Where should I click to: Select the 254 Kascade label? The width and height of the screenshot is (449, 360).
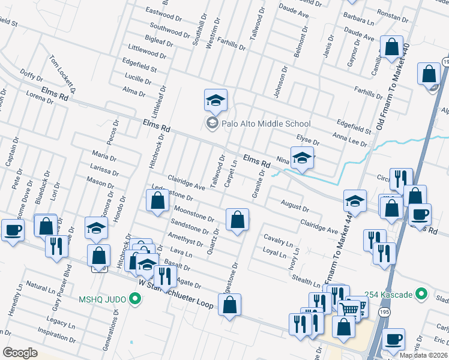[x=391, y=294]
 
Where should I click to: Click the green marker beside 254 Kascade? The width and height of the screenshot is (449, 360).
[x=421, y=294]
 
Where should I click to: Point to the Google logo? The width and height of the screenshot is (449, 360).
[x=20, y=353]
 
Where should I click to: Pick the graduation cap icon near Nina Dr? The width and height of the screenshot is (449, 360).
[x=303, y=158]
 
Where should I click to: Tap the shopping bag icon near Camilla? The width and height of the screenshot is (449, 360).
[x=391, y=47]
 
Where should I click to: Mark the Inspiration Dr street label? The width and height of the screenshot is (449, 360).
[x=56, y=330]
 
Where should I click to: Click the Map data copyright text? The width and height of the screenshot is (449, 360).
[x=423, y=355]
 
